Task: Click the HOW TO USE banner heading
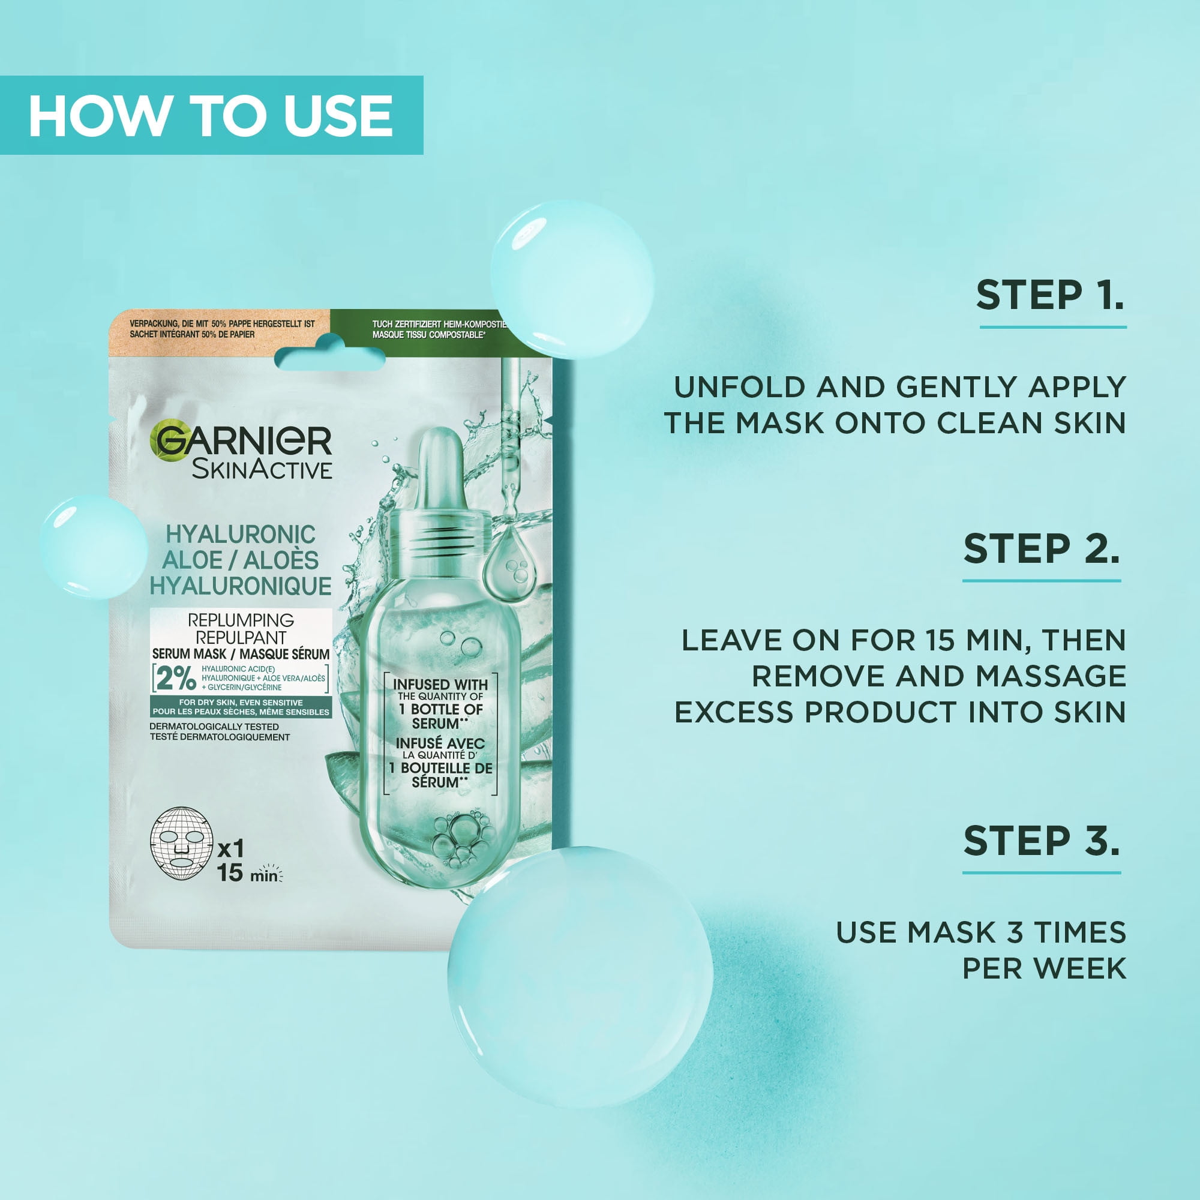[x=211, y=116]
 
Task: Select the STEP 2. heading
[x=1042, y=548]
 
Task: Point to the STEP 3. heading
[x=1042, y=841]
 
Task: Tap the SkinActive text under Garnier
[x=262, y=470]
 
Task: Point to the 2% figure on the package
[x=176, y=679]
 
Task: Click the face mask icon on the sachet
[x=181, y=843]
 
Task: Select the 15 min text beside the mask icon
[x=247, y=872]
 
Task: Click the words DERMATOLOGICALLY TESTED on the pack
[x=214, y=726]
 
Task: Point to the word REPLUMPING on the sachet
[x=241, y=620]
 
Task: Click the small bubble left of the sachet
[x=93, y=547]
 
